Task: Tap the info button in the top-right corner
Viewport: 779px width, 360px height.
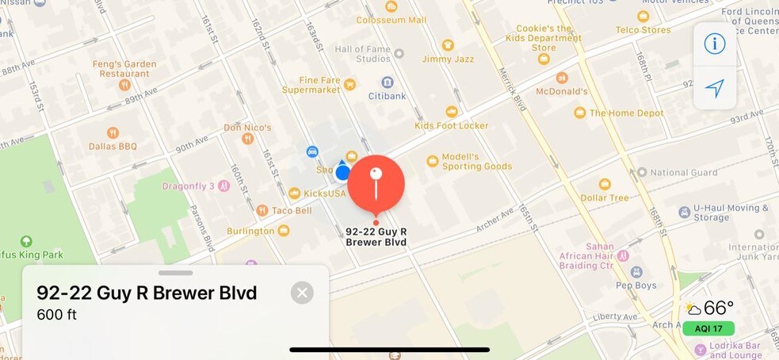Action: [x=715, y=43]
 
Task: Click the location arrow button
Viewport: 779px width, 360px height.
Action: [x=715, y=88]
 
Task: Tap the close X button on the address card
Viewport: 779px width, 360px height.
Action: [x=301, y=293]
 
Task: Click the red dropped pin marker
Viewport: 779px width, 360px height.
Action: [x=376, y=183]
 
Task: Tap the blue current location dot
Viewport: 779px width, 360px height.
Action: [x=343, y=172]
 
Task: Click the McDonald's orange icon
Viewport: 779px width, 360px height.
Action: [x=562, y=78]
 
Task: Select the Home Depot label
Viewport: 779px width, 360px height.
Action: [x=626, y=113]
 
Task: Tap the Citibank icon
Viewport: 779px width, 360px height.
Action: [x=387, y=82]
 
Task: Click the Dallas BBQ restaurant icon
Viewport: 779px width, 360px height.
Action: [x=113, y=133]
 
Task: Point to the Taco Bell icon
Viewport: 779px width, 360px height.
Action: [x=262, y=210]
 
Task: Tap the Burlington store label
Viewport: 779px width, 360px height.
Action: [x=250, y=231]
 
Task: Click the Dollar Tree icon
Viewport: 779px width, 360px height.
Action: [x=605, y=184]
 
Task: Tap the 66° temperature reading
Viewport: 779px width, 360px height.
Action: [x=719, y=308]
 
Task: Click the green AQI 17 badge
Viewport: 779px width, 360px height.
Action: [x=708, y=328]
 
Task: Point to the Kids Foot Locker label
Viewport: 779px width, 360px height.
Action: [x=452, y=125]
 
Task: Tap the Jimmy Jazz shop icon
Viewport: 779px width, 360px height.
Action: [x=448, y=45]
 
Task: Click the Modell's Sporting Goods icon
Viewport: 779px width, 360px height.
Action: [x=433, y=161]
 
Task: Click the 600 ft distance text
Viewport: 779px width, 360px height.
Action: [x=56, y=315]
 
